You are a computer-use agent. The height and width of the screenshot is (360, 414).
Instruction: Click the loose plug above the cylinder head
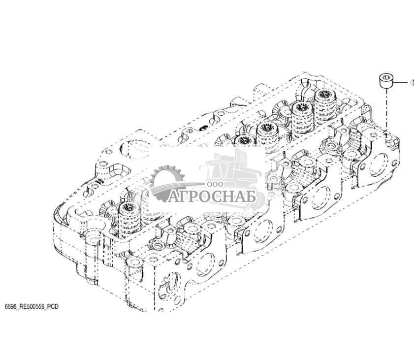point(386,82)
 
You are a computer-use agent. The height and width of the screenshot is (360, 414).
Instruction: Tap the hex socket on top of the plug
point(386,78)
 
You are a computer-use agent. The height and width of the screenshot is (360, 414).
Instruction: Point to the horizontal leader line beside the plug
point(401,83)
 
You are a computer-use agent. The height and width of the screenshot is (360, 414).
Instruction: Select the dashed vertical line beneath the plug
point(386,110)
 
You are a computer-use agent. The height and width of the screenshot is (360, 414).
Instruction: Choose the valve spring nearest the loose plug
point(325,104)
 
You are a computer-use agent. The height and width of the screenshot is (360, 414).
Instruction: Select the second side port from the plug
point(321,197)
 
